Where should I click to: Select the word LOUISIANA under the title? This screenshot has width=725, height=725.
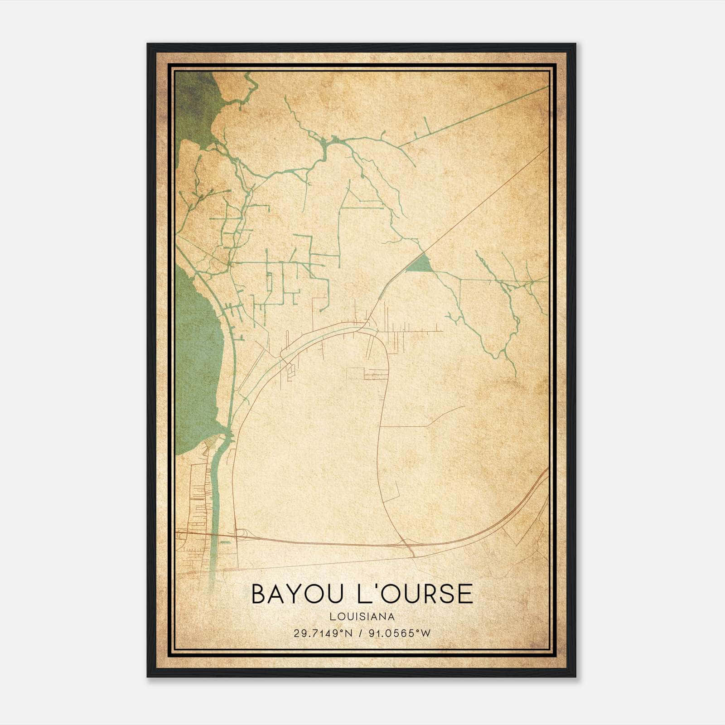point(362,617)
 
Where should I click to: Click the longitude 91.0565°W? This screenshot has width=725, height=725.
point(399,633)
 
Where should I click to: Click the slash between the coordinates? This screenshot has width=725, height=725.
point(361,633)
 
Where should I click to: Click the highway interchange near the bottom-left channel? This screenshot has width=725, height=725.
point(240,536)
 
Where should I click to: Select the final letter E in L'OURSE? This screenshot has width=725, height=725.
point(464,594)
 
